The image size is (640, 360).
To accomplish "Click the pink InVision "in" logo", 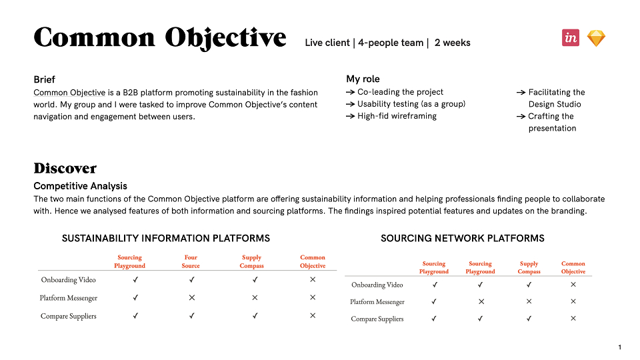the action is [570, 37].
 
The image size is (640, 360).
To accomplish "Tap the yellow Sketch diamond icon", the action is [596, 39].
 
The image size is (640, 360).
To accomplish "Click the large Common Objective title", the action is [160, 38].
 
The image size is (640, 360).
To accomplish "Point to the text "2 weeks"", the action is [452, 43].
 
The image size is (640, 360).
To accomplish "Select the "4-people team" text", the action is [391, 43].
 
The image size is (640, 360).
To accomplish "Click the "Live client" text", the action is [327, 43].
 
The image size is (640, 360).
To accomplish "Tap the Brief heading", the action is [44, 79].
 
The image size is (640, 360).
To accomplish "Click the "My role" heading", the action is [363, 79].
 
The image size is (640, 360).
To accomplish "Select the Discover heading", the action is [65, 168].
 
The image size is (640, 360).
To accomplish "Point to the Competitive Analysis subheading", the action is [81, 186].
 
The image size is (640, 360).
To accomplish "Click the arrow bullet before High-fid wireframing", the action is [350, 116].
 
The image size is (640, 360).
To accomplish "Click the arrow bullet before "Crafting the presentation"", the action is [521, 117].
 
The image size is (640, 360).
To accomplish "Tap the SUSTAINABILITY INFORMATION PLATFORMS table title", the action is [166, 239].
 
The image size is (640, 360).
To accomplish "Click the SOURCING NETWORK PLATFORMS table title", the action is [463, 239].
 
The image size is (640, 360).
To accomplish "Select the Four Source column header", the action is [191, 261].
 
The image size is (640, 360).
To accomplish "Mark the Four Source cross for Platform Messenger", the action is [192, 297].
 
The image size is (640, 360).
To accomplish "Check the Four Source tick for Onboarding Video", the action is [192, 279].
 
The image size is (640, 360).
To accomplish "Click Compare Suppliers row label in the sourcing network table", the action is [377, 319].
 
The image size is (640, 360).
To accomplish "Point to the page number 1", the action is [619, 347].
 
